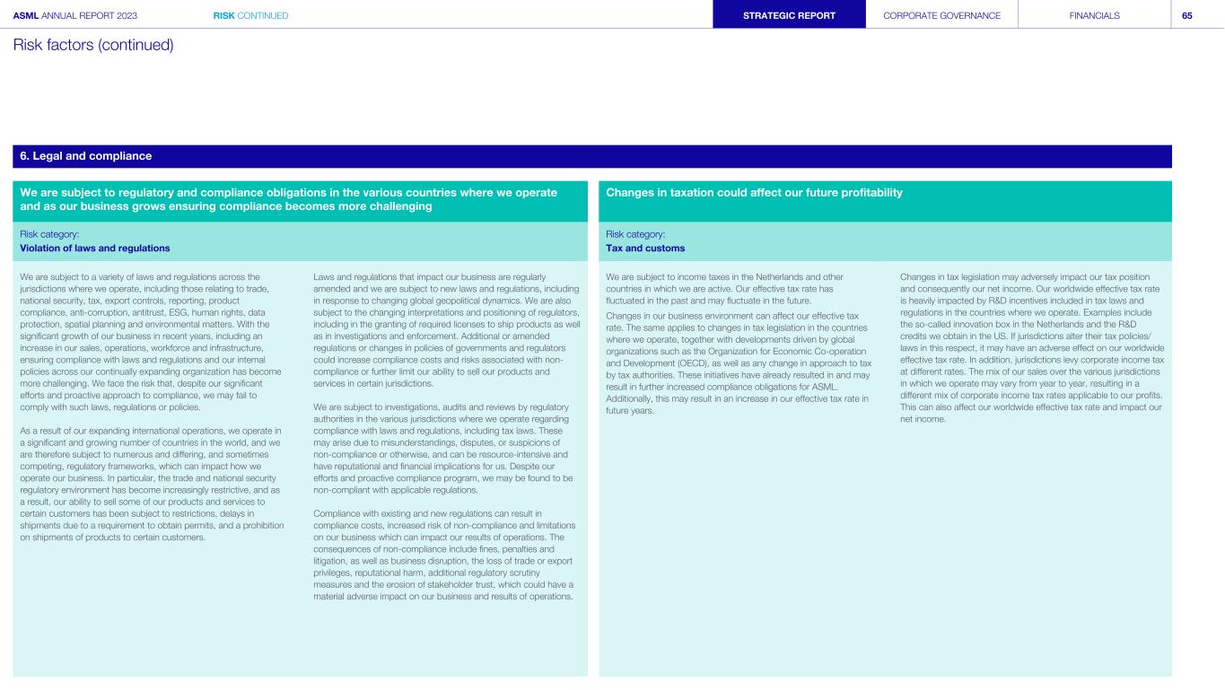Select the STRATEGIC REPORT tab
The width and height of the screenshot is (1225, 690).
pos(790,15)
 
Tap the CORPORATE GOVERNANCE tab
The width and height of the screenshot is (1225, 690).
pos(941,15)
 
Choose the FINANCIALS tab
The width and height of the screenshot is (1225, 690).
pos(1095,15)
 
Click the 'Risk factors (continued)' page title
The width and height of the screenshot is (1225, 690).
pos(92,44)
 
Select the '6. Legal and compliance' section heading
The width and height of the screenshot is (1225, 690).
pos(86,156)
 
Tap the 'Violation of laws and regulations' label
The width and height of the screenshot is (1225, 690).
pos(95,248)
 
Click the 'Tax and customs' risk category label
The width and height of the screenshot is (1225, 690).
pos(645,248)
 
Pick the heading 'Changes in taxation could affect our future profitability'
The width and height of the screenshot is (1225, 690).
pos(754,193)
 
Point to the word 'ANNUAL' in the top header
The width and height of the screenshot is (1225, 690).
pos(65,15)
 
